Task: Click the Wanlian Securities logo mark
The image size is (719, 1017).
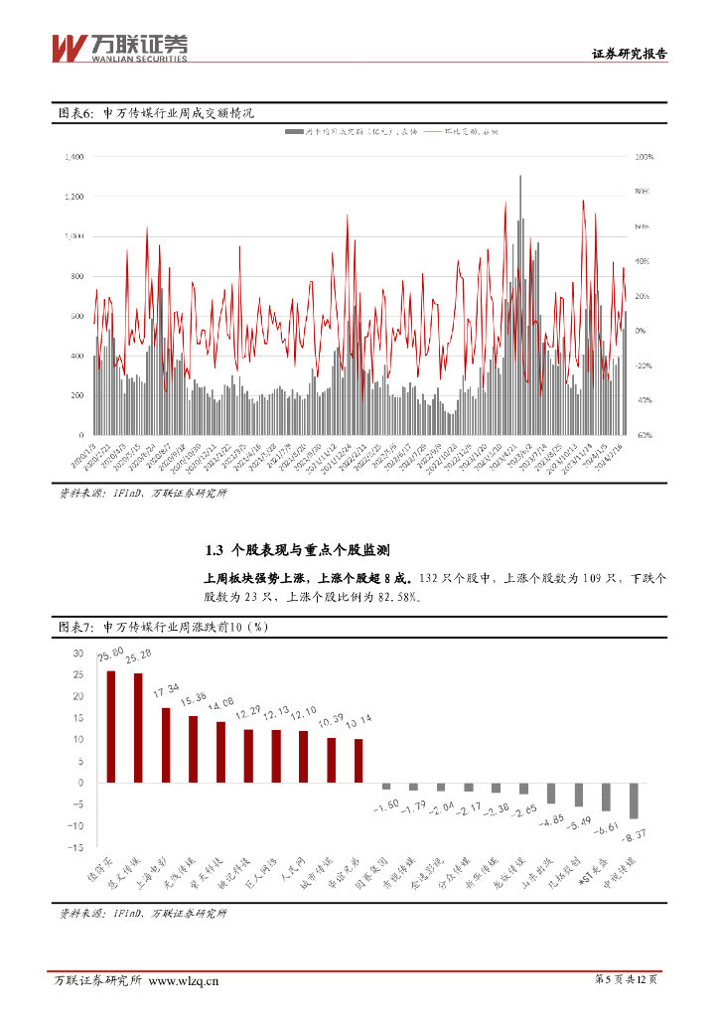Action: coord(67,48)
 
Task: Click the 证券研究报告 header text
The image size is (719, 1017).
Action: coord(629,55)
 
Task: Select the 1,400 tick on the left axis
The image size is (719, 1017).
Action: coord(72,157)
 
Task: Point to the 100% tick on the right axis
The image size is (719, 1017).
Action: coord(643,157)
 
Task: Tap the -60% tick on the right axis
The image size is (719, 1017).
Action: coord(643,435)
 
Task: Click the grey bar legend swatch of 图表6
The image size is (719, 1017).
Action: coord(294,131)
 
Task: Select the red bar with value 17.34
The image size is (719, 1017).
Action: coord(166,745)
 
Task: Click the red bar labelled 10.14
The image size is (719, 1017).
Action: coord(359,761)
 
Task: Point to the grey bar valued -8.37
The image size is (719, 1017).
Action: coord(634,800)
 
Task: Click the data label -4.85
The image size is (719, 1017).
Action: coord(550,821)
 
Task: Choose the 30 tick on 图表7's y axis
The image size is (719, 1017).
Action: coord(77,654)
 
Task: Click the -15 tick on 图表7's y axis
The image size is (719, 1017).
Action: coord(75,847)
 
